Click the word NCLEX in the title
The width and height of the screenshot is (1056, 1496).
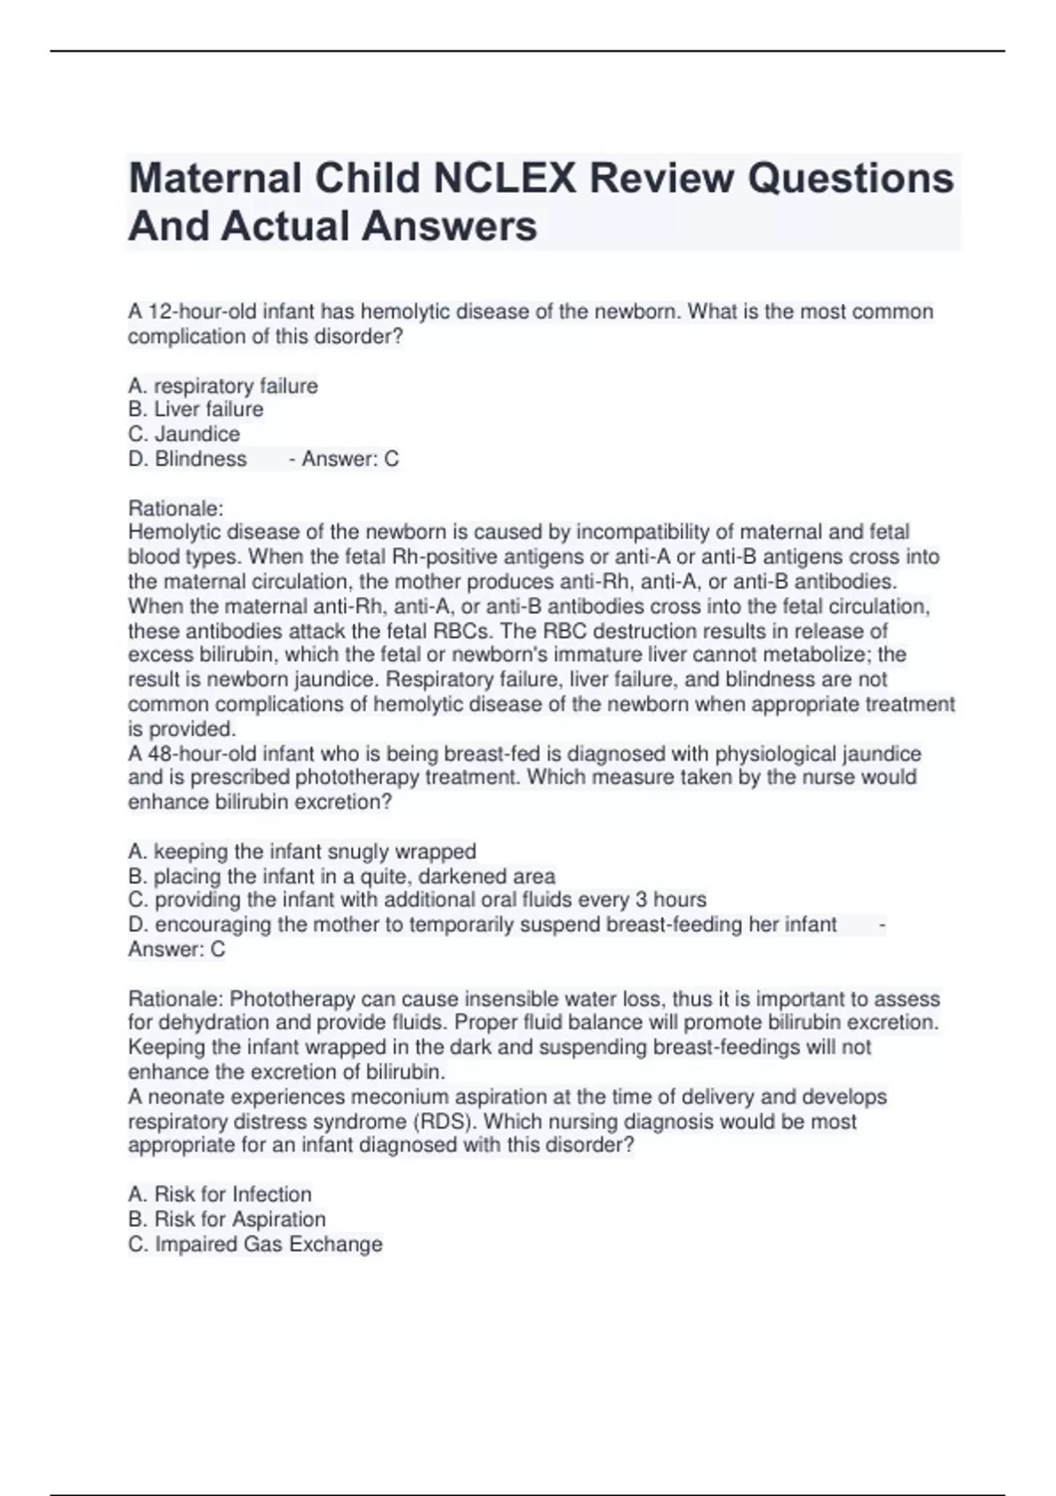pyautogui.click(x=504, y=179)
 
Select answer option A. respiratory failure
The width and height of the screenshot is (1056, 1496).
pyautogui.click(x=223, y=385)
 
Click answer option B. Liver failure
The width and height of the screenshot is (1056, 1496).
pyautogui.click(x=195, y=409)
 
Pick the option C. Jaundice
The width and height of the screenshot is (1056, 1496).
pyautogui.click(x=184, y=434)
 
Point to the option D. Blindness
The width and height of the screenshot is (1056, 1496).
pyautogui.click(x=187, y=458)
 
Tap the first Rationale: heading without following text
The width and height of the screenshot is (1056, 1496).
pyautogui.click(x=176, y=508)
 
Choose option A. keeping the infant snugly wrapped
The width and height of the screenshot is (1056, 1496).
pyautogui.click(x=302, y=851)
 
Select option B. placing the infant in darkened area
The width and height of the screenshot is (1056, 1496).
pyautogui.click(x=341, y=876)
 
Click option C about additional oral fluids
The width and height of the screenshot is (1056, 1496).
pyautogui.click(x=417, y=899)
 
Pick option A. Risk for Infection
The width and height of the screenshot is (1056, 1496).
pyautogui.click(x=220, y=1194)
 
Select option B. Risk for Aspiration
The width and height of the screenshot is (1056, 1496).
pyautogui.click(x=227, y=1219)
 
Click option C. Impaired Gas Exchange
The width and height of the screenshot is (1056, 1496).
pyautogui.click(x=255, y=1243)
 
